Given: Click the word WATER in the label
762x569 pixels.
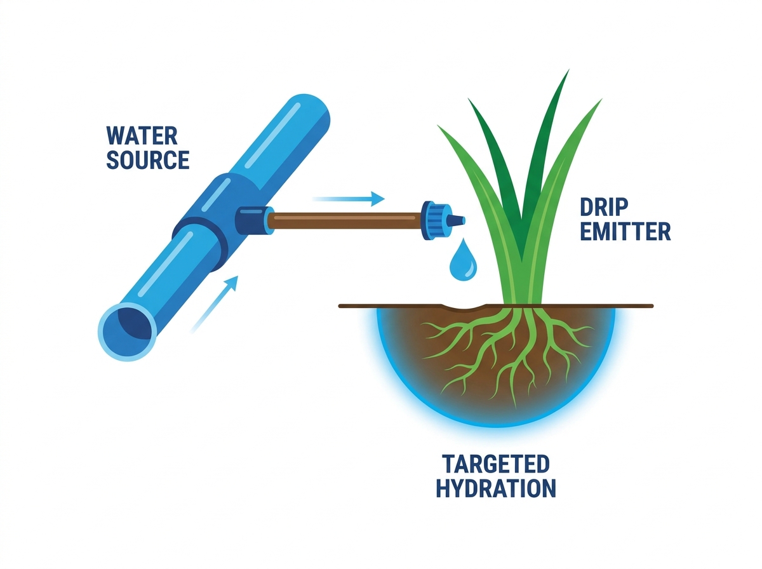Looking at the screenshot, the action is pos(142,135).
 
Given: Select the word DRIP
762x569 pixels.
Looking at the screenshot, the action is pos(603,207).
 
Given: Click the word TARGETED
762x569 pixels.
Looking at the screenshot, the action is pos(496,464).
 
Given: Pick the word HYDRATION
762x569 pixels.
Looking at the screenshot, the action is pos(496,488).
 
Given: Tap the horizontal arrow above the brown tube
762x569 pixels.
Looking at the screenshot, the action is pos(349,199).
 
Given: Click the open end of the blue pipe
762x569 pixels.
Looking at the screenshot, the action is pos(127,331).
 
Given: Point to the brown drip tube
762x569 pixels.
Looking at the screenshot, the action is pos(345,221).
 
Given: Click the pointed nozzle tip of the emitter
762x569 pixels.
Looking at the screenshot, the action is pos(463,220).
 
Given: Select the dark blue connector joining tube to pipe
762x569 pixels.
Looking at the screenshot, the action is pos(253,220).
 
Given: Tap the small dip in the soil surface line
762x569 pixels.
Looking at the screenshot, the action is pos(461,307).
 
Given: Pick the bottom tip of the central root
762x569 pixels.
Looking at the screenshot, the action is pos(515,407).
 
